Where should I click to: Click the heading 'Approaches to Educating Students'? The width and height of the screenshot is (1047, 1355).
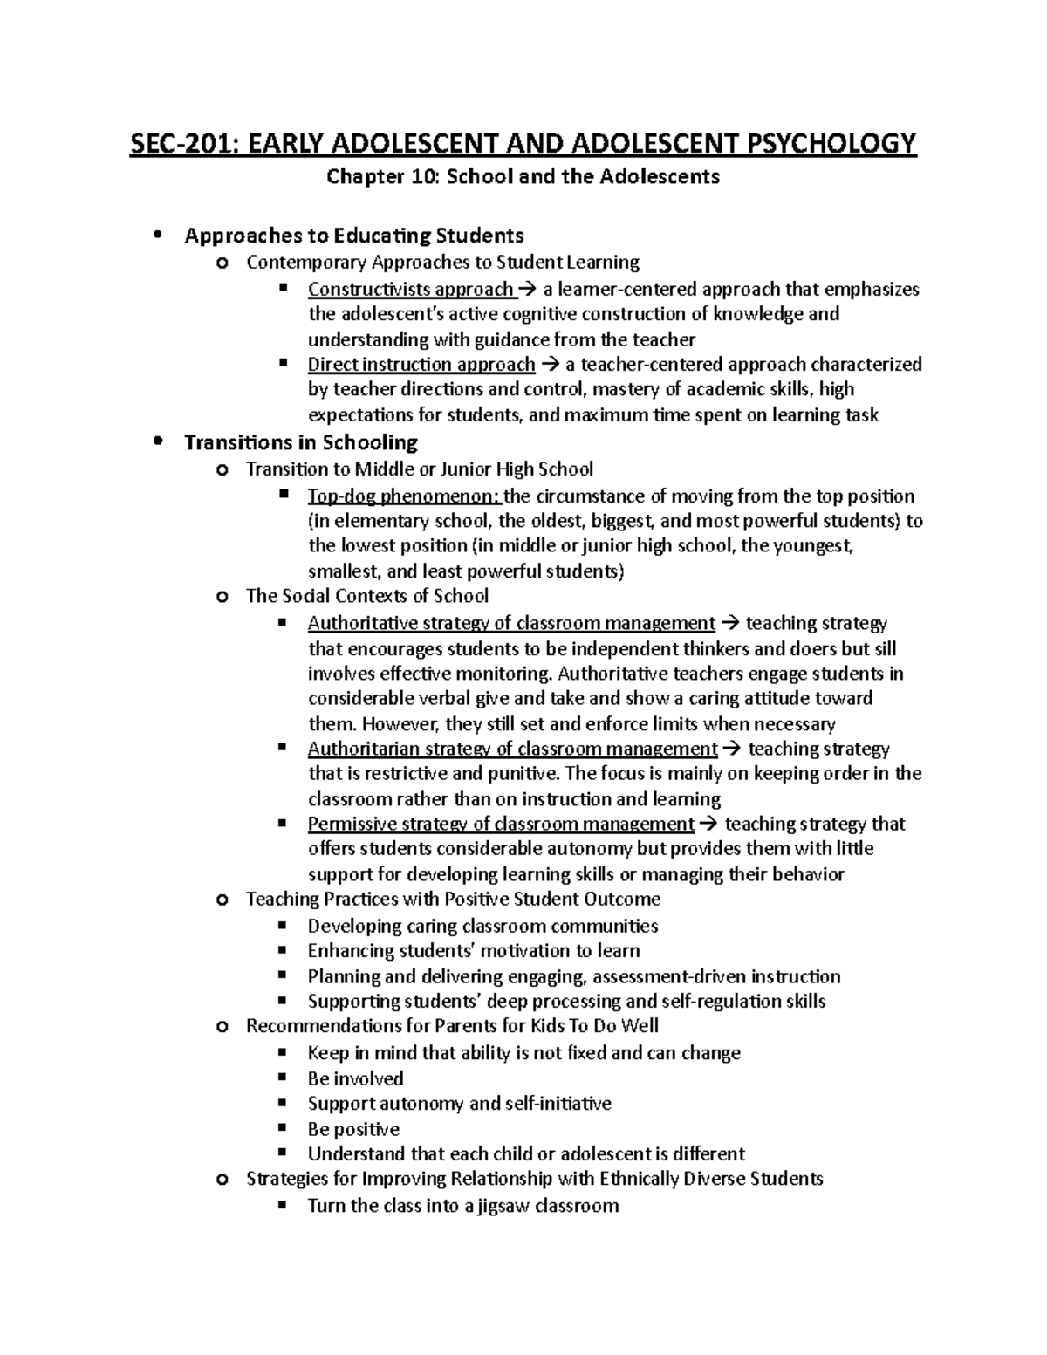click(x=354, y=236)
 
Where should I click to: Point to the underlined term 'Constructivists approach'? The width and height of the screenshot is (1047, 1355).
click(x=411, y=290)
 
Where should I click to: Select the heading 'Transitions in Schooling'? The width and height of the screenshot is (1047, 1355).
click(x=301, y=442)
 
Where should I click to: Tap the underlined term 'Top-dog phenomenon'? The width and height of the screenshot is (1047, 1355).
click(x=404, y=496)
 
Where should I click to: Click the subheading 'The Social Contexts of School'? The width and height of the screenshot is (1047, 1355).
click(x=367, y=596)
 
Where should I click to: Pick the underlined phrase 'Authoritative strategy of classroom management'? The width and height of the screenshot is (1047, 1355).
click(x=511, y=623)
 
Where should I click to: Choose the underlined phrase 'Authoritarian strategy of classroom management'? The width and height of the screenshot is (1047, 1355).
click(x=512, y=749)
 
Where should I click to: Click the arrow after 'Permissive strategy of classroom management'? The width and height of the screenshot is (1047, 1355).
click(x=708, y=825)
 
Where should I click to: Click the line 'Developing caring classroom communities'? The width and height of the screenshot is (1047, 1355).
click(x=482, y=926)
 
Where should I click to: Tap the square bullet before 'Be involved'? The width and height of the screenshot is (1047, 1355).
click(x=282, y=1078)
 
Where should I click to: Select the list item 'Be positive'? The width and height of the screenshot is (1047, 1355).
click(x=353, y=1129)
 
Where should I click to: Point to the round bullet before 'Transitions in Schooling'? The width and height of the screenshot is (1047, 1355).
click(x=157, y=441)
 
